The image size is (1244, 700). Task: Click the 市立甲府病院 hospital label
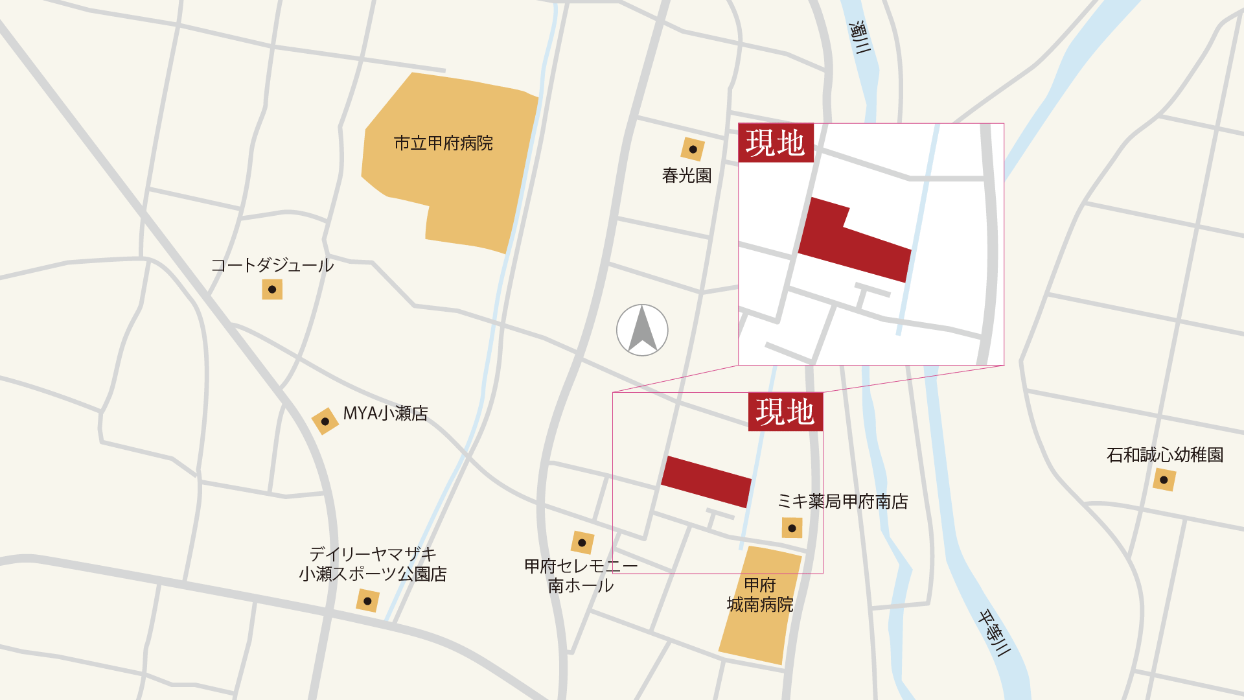pyautogui.click(x=443, y=143)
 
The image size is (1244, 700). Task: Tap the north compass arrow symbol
pyautogui.click(x=642, y=330)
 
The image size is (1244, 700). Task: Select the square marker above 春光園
pyautogui.click(x=693, y=149)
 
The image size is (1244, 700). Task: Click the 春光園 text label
pyautogui.click(x=687, y=176)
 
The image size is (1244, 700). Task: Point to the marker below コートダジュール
pyautogui.click(x=272, y=289)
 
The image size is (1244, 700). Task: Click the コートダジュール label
pyautogui.click(x=272, y=265)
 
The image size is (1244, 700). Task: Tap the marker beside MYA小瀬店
pyautogui.click(x=325, y=421)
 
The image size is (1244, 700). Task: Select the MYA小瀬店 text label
pyautogui.click(x=386, y=414)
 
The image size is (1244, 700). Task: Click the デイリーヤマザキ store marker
pyautogui.click(x=367, y=601)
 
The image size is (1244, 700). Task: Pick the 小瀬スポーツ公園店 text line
pyautogui.click(x=373, y=574)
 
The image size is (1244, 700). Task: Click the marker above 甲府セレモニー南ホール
pyautogui.click(x=582, y=542)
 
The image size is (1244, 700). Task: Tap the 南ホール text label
pyautogui.click(x=581, y=586)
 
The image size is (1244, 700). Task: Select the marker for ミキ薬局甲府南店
pyautogui.click(x=792, y=528)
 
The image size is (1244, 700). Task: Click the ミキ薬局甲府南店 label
pyautogui.click(x=842, y=502)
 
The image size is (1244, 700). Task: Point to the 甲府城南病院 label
pyautogui.click(x=760, y=595)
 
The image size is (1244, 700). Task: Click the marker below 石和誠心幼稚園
pyautogui.click(x=1164, y=480)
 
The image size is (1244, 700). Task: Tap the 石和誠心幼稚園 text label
pyautogui.click(x=1164, y=455)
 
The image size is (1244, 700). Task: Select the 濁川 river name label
pyautogui.click(x=860, y=37)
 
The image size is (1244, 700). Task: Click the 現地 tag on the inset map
pyautogui.click(x=776, y=143)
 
